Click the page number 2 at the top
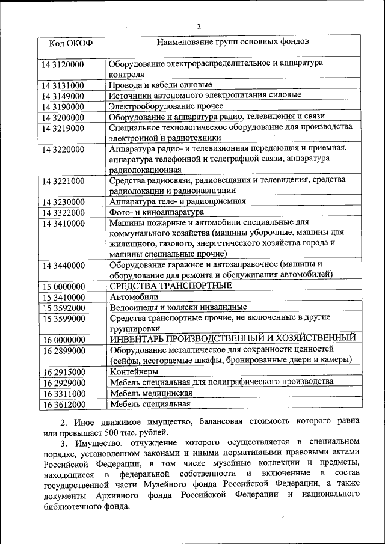[199, 26]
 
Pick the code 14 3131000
[63, 85]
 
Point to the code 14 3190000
[63, 106]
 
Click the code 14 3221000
[63, 180]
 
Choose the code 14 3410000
[63, 223]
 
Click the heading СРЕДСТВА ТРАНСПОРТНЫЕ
[171, 285]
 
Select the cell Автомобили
[134, 296]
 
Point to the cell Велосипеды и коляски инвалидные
[178, 307]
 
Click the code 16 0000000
[63, 339]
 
